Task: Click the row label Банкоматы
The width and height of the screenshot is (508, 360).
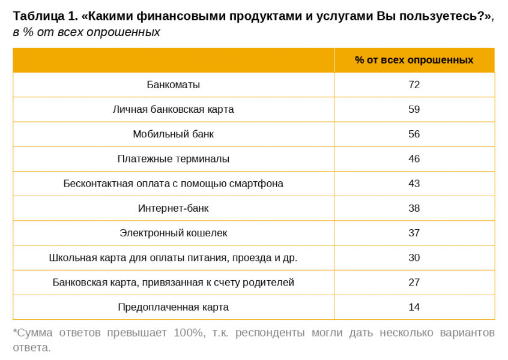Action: click(x=173, y=85)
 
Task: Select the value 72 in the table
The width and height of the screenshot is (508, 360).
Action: click(x=414, y=85)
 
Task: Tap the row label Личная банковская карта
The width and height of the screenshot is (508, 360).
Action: click(x=173, y=110)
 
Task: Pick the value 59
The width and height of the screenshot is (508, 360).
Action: click(x=414, y=110)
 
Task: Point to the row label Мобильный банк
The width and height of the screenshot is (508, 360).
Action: click(x=173, y=134)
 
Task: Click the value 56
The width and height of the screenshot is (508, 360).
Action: click(x=414, y=134)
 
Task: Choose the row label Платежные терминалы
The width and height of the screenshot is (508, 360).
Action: click(x=173, y=159)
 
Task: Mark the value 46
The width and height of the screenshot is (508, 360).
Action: click(x=414, y=159)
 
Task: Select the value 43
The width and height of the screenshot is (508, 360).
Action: click(x=414, y=184)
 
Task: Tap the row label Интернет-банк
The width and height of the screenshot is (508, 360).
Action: click(x=173, y=208)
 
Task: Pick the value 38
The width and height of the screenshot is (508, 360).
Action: click(x=414, y=208)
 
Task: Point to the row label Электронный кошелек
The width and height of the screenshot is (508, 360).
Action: click(x=173, y=233)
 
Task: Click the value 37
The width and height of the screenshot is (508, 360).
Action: click(x=414, y=233)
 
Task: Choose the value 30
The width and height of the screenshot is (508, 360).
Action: click(x=414, y=258)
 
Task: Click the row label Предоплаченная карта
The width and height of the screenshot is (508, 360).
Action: click(x=173, y=307)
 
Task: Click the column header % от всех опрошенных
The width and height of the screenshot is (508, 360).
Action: click(x=414, y=60)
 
